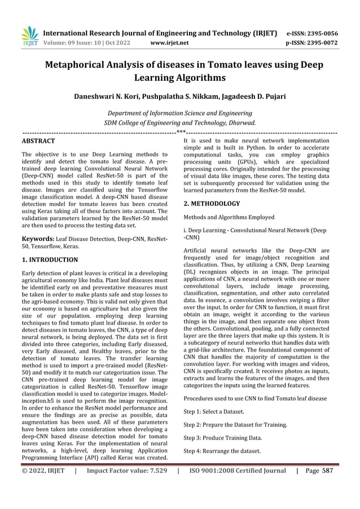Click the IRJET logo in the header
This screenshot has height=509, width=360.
[29, 36]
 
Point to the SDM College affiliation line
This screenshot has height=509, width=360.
[180, 122]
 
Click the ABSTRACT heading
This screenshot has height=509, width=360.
[38, 140]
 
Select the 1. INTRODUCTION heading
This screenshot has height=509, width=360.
[50, 260]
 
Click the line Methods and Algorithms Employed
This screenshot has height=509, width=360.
[229, 217]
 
